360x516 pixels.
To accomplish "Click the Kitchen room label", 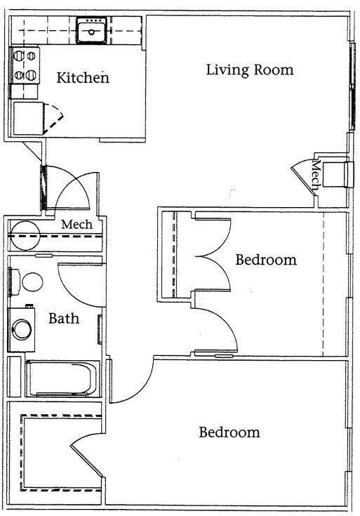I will click(83, 78).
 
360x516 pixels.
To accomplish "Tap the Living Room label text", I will click(249, 70).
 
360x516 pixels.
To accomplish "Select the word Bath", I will click(63, 318).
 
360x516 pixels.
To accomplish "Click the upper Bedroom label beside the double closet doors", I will click(266, 260).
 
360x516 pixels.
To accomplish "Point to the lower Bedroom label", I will click(229, 432).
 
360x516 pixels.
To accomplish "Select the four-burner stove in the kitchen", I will click(25, 65).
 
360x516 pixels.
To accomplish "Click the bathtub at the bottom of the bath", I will click(62, 379).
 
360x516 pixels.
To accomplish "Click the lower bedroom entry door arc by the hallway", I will click(131, 383).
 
